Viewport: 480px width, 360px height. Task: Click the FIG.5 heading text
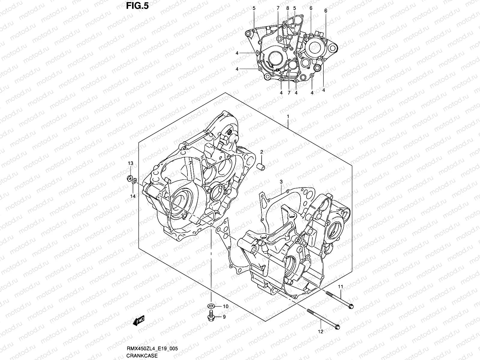point(136,6)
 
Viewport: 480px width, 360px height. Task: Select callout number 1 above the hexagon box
point(288,116)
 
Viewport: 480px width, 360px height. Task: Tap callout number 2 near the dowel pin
point(261,152)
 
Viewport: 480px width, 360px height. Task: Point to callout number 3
point(281,182)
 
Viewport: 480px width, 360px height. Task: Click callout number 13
point(130,163)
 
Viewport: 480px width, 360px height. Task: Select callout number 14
point(133,196)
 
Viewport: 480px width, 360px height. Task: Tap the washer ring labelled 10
point(211,306)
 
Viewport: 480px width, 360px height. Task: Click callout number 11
point(340,287)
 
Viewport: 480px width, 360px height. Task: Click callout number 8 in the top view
point(287,8)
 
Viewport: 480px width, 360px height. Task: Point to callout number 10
point(226,306)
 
